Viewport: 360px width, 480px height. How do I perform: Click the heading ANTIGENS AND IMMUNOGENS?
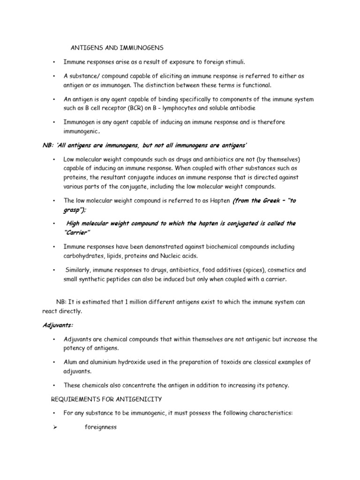pos(117,48)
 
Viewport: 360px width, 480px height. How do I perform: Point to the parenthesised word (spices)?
pos(248,270)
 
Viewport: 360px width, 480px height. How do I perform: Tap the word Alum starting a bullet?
pos(71,362)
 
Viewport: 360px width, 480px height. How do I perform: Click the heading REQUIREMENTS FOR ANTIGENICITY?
pos(106,399)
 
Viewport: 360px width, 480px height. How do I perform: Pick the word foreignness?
pos(100,427)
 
